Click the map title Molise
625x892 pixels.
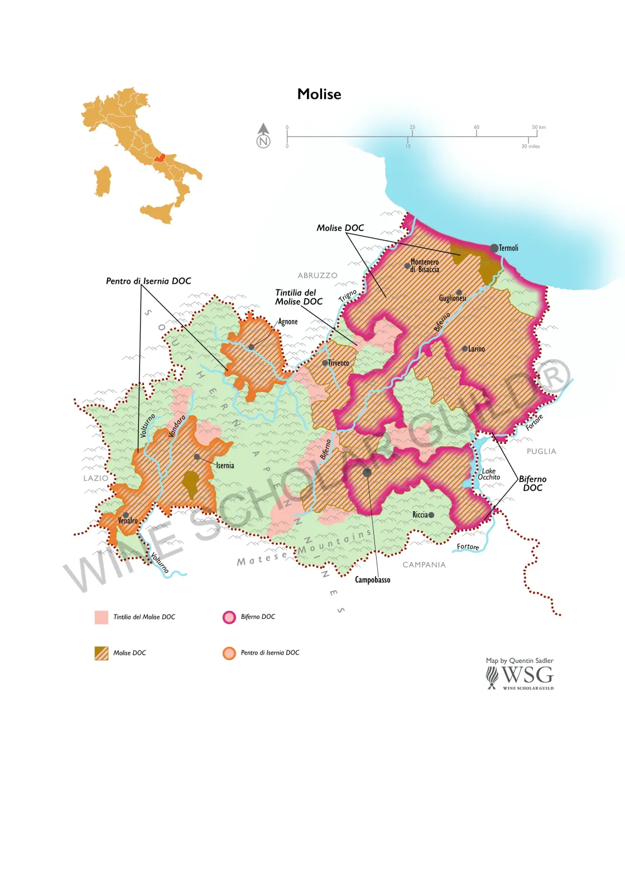[319, 94]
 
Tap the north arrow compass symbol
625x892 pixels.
[263, 135]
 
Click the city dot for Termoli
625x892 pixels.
[494, 248]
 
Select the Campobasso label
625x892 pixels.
[372, 580]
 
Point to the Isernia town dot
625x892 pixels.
[197, 457]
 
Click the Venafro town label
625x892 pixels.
[128, 521]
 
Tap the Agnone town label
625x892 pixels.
[288, 322]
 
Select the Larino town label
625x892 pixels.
[476, 349]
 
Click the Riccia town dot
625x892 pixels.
[431, 515]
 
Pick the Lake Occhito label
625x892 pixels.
[488, 474]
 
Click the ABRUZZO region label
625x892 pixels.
[318, 275]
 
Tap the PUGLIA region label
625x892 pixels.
[541, 451]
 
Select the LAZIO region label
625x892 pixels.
[95, 478]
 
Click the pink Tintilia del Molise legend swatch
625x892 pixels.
[102, 617]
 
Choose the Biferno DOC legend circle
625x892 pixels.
[229, 617]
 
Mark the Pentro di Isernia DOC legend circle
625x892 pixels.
[229, 653]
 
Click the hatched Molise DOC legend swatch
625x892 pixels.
[102, 653]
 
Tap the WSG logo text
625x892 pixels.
[527, 675]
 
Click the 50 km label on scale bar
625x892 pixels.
[539, 127]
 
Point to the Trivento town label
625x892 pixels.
[338, 363]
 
